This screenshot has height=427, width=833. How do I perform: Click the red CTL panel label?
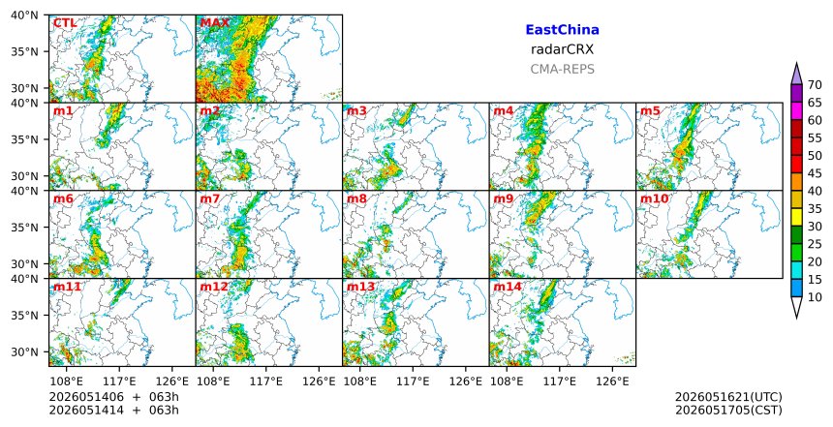coord(65,23)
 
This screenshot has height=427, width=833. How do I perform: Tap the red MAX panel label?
coord(215,23)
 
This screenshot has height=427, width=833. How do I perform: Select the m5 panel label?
coord(650,111)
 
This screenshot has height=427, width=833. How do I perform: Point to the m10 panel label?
coord(654,199)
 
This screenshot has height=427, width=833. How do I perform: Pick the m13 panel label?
coord(360,288)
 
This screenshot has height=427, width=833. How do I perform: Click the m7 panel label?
coord(210,199)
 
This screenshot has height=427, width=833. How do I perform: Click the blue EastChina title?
coord(562,30)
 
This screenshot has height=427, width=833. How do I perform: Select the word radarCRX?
coord(562,49)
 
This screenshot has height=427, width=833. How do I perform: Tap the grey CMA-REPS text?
coord(562,69)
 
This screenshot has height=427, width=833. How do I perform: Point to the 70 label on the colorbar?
coord(815,84)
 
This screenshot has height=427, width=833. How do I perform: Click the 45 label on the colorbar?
coord(815,173)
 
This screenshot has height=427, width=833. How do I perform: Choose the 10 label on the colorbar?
coord(815,297)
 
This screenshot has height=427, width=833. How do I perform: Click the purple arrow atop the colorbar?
coord(796,75)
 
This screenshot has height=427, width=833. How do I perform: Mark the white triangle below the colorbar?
coord(796,308)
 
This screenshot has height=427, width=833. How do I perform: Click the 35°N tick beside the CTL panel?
coord(25,51)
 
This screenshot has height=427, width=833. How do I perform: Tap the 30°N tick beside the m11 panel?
coord(25,352)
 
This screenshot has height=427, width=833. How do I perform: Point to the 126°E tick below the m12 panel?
coord(319,381)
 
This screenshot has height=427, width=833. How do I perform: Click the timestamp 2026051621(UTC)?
coord(728,397)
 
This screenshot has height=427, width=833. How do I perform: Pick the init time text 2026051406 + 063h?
coord(113,397)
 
